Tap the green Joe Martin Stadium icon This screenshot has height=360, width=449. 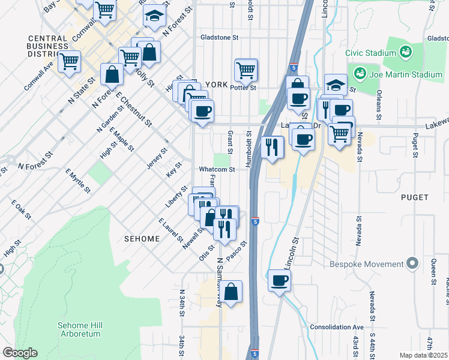(360, 74)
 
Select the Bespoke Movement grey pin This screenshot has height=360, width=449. (412, 263)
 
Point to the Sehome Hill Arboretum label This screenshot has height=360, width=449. (80, 329)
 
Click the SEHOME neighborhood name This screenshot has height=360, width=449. (142, 239)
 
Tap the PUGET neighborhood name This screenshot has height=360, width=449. (415, 197)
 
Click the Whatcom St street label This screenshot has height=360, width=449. (217, 170)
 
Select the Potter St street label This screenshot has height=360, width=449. (244, 87)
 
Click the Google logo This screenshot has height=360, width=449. (20, 353)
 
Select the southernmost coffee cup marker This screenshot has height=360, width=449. (279, 280)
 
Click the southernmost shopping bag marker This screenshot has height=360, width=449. (231, 292)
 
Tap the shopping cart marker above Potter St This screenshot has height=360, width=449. (246, 70)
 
